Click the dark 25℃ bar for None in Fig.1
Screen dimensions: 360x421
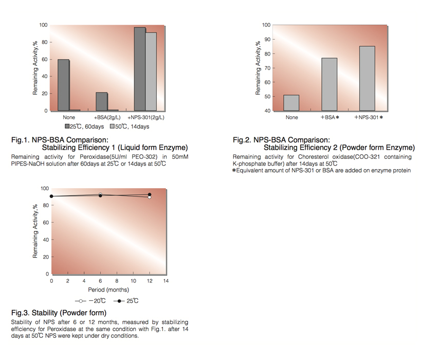(x=63, y=85)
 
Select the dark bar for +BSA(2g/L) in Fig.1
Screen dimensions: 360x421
(x=102, y=101)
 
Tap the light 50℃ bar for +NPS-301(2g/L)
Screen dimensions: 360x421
(x=151, y=71)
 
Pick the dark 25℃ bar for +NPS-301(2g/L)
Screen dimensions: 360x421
(x=139, y=69)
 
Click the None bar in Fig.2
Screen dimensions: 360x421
(x=291, y=103)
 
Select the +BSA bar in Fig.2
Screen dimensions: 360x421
(x=330, y=84)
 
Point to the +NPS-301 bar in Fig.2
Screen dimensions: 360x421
(x=368, y=78)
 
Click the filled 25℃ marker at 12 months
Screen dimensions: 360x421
(x=150, y=194)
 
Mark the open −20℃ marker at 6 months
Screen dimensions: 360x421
(x=100, y=194)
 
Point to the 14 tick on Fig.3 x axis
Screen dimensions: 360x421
(x=166, y=281)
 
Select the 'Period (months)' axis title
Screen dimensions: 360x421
(x=109, y=290)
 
